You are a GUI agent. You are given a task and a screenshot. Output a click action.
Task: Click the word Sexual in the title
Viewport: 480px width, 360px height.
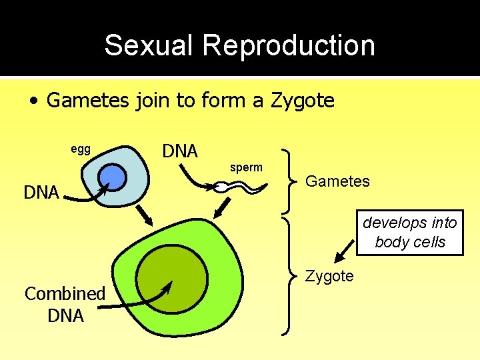click(x=150, y=46)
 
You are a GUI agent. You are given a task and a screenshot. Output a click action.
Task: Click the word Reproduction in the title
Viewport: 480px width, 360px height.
click(x=289, y=46)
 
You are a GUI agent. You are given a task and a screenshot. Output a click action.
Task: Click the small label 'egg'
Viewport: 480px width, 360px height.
click(x=81, y=149)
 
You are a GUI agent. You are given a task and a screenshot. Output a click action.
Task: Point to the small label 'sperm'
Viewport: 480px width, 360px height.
click(x=247, y=167)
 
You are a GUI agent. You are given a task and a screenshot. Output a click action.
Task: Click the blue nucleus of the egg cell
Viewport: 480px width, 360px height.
click(x=113, y=177)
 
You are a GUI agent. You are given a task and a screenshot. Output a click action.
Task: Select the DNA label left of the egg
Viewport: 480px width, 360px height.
click(x=41, y=193)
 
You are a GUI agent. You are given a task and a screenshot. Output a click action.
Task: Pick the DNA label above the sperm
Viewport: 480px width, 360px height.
click(x=180, y=151)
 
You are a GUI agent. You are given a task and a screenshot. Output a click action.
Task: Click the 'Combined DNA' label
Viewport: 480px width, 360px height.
click(x=65, y=304)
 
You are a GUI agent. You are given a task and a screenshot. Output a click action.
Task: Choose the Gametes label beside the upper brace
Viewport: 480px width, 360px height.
click(x=337, y=181)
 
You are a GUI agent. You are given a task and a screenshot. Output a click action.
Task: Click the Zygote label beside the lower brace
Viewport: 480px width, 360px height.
click(x=329, y=276)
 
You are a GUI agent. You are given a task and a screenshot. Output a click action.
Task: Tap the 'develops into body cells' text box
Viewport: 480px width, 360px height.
click(x=410, y=232)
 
